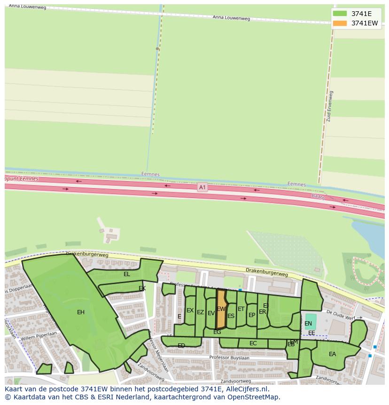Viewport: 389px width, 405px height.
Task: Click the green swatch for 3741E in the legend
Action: (x=340, y=14)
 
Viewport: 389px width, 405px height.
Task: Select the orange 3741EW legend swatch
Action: (x=340, y=23)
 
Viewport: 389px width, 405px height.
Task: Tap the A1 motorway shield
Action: (x=202, y=187)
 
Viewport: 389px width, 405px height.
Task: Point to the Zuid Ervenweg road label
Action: (x=329, y=106)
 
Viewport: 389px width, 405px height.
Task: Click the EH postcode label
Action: (x=81, y=312)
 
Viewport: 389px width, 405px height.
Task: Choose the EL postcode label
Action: (x=127, y=274)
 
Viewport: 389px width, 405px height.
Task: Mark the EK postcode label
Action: (x=142, y=288)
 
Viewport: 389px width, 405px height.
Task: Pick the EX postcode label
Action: (x=190, y=310)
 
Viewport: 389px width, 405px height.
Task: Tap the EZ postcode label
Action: (x=200, y=312)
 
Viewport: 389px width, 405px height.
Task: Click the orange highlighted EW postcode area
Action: (x=221, y=310)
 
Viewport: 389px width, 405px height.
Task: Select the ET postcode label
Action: (x=241, y=309)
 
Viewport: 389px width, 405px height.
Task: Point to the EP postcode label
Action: (x=252, y=315)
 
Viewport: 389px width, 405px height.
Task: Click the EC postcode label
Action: (x=253, y=343)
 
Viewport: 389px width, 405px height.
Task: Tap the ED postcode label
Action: (x=181, y=346)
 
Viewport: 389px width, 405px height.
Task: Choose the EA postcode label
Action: (x=333, y=354)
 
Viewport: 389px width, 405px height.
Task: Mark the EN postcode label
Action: (x=308, y=324)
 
